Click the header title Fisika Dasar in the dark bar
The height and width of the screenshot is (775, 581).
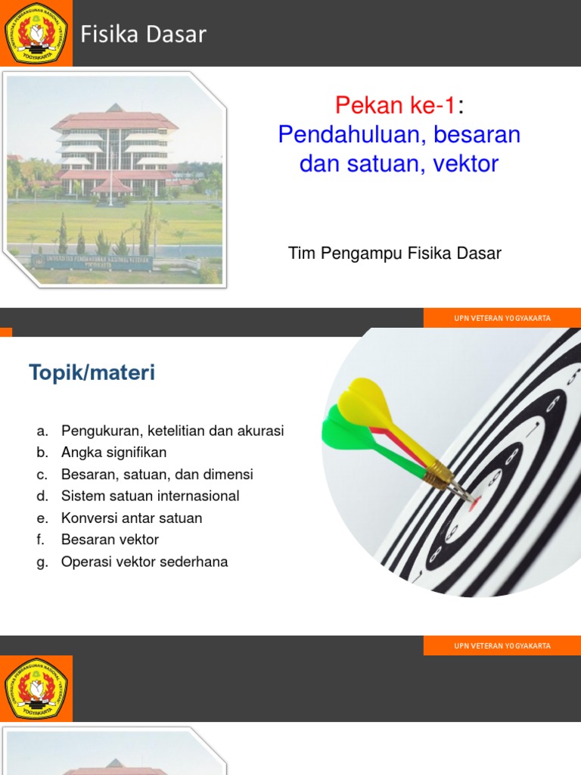point(144,34)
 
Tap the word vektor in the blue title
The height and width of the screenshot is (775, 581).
point(466,163)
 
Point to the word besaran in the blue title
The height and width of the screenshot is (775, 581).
point(472,135)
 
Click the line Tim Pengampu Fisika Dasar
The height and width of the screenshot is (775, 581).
point(395,254)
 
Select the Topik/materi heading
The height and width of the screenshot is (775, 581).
point(92,372)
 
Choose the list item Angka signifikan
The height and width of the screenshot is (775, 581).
point(114,453)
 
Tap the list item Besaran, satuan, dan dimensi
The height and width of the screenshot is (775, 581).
point(157,475)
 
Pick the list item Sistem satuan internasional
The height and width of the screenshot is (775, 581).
point(151,496)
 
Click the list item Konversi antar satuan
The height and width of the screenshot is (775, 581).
point(132,518)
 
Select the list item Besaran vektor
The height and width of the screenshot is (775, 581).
point(110,540)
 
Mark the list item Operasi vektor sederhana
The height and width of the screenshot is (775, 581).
point(144,562)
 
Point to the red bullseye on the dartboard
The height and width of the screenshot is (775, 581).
point(474,501)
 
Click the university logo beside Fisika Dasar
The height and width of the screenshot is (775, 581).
point(36,33)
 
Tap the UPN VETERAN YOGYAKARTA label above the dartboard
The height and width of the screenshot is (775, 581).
point(502,318)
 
